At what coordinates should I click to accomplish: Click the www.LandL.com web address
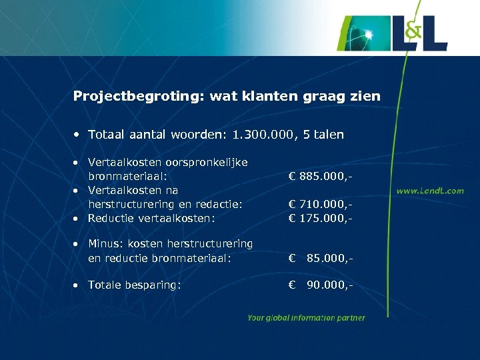coord(430,191)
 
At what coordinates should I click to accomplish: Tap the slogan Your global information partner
coord(306,318)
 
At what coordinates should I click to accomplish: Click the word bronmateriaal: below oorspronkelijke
coord(127,177)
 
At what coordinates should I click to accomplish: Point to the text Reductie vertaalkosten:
coord(152,218)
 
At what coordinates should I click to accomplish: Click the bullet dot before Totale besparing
coord(77,285)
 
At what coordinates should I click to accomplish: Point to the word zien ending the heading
coord(366,97)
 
